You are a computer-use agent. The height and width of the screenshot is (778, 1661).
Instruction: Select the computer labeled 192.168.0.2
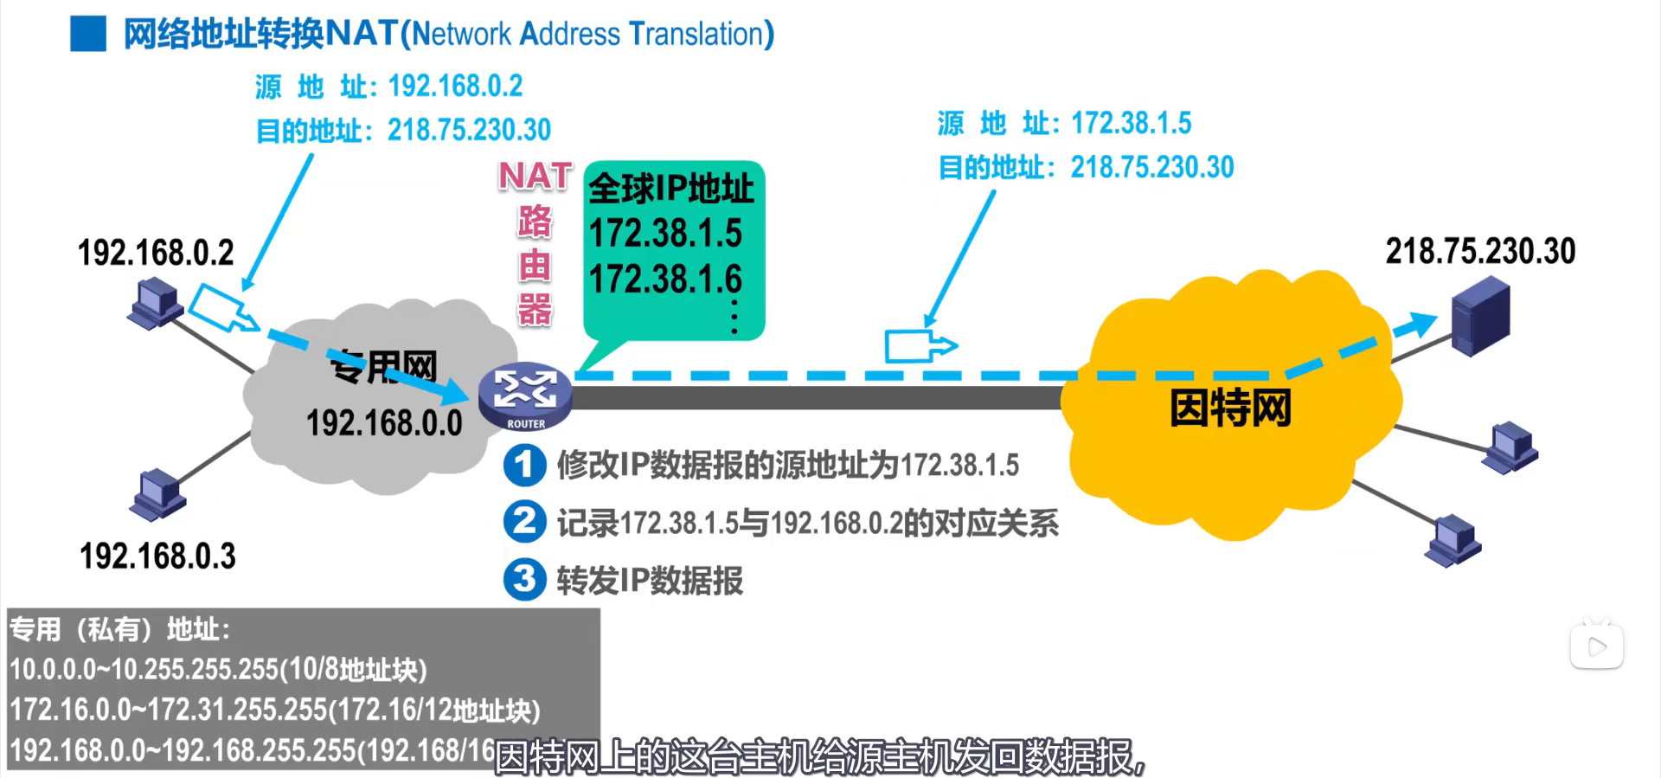pos(155,303)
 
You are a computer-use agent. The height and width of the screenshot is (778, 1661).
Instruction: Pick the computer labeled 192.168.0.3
pos(157,494)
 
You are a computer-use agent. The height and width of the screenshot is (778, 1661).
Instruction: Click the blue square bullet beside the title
pos(88,34)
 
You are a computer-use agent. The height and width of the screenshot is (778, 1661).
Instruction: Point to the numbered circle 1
pos(524,465)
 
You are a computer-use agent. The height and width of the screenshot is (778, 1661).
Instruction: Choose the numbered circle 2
pos(524,522)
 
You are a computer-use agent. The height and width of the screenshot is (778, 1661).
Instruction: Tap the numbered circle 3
pos(524,579)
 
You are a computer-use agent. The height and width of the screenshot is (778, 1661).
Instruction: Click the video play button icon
pos(1596,646)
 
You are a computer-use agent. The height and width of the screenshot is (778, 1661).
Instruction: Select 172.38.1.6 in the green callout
pos(664,280)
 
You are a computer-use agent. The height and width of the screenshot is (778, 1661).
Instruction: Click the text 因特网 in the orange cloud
pos(1230,408)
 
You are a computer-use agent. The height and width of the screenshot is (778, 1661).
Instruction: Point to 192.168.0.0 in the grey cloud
pos(384,423)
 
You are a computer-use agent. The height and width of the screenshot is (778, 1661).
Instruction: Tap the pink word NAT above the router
pos(535,177)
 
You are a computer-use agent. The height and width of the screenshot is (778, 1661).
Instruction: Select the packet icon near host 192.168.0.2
pos(223,308)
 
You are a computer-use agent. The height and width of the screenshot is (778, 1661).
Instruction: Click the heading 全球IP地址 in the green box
pos(671,189)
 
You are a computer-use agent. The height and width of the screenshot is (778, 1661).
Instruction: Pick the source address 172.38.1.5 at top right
pos(1131,124)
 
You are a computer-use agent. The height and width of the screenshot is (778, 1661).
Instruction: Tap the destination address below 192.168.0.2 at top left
pos(468,130)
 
